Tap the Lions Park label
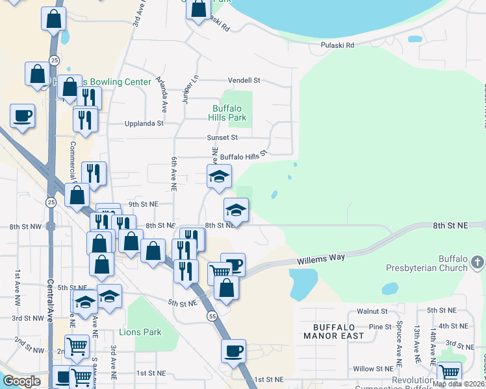[x=140, y=333]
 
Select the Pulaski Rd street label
[x=338, y=45]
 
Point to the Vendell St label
[x=244, y=80]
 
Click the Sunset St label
[x=222, y=137]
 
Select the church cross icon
[x=478, y=262]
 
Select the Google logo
[x=21, y=381]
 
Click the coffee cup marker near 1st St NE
[x=234, y=351]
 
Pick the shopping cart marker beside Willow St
[x=449, y=373]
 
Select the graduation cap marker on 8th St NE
[x=236, y=210]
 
